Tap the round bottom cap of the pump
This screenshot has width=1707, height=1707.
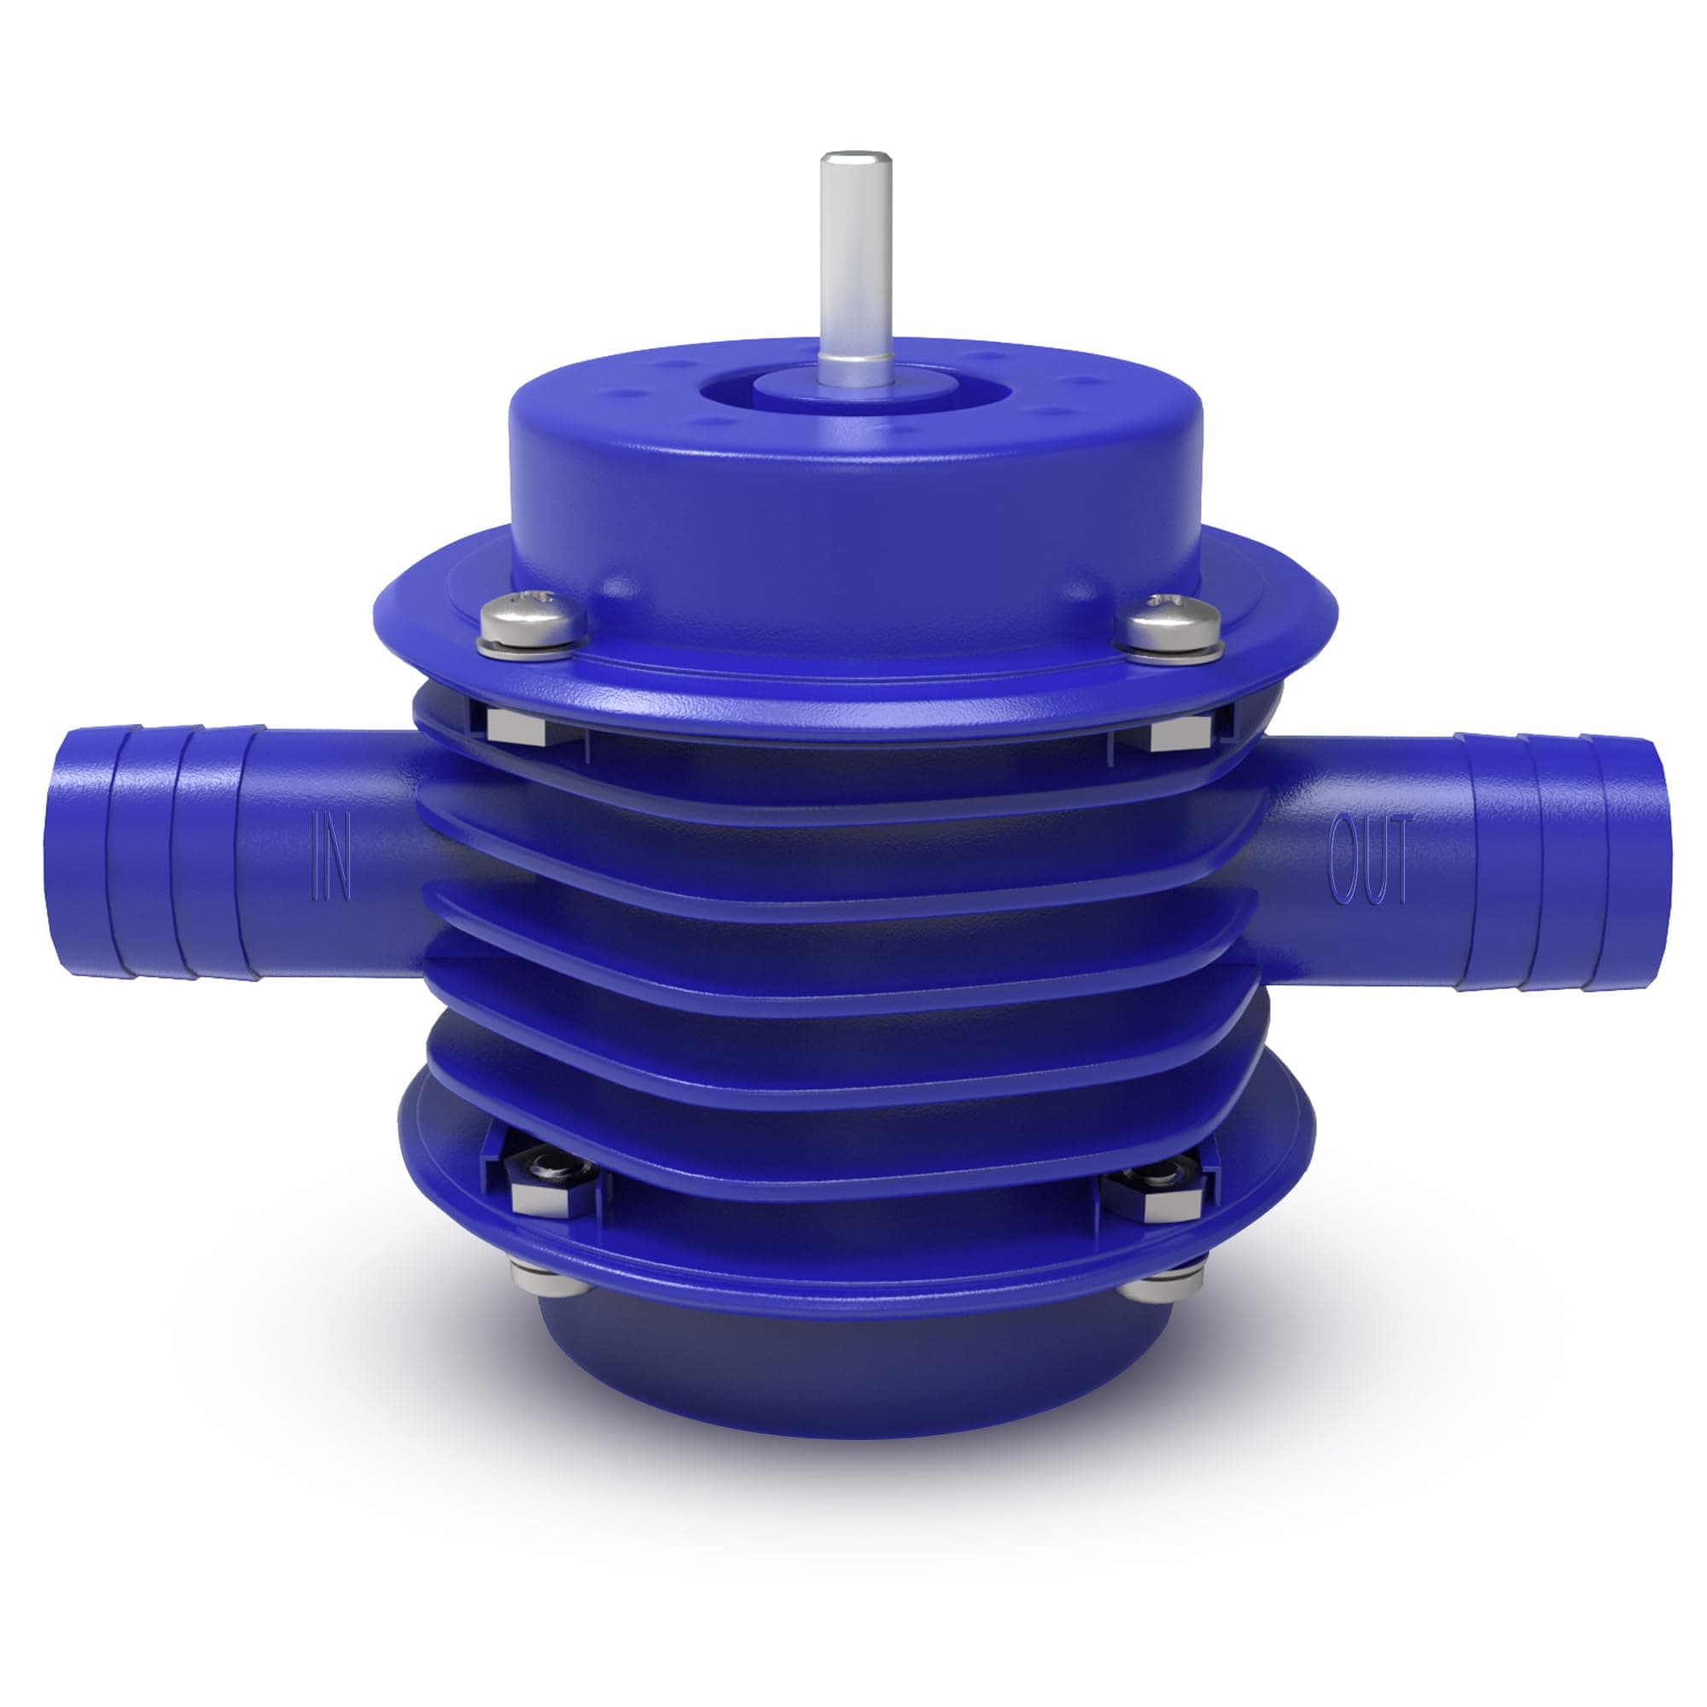(848, 1378)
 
